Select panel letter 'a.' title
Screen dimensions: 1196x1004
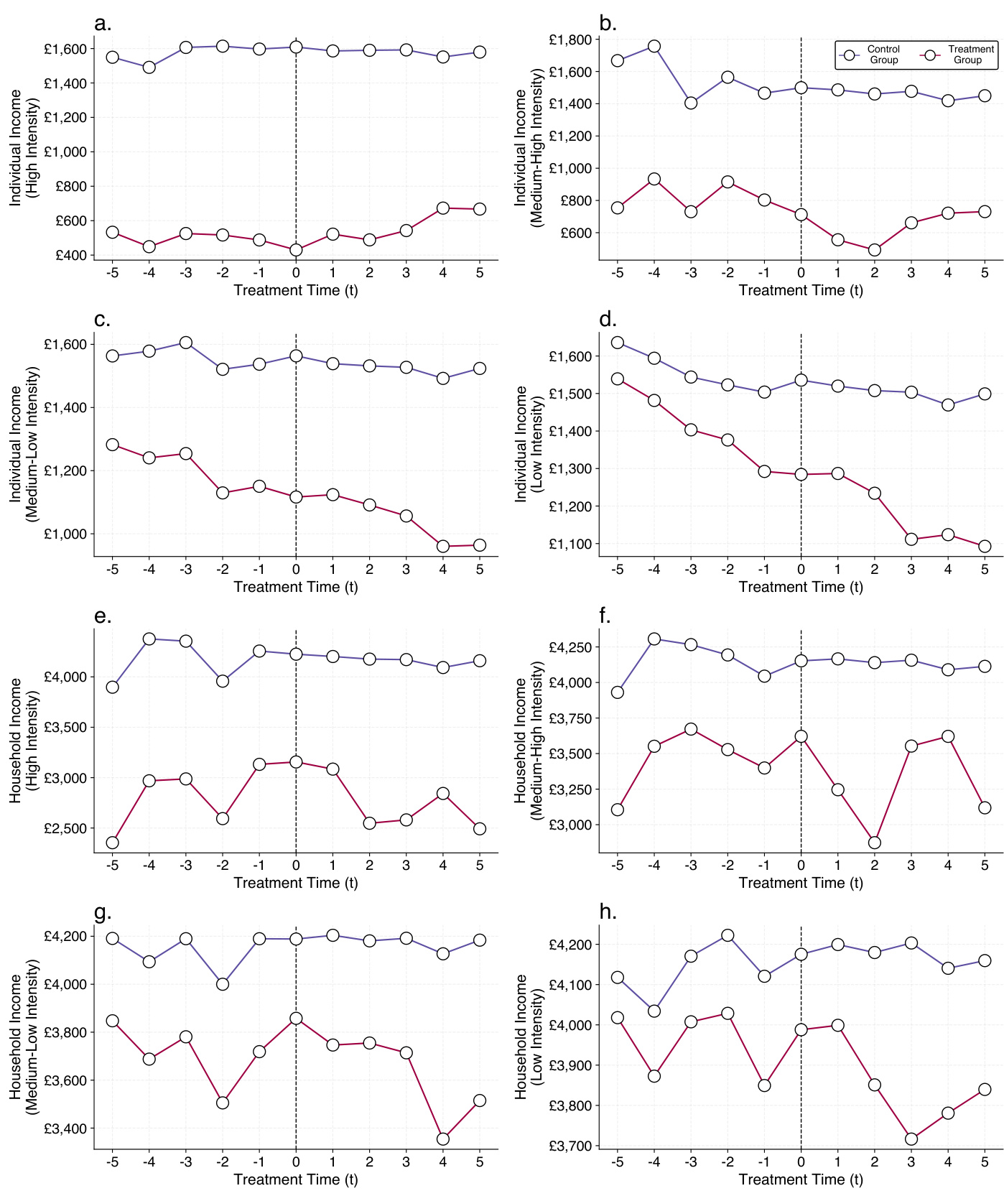click(103, 24)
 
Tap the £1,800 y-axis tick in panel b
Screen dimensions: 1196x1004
click(570, 40)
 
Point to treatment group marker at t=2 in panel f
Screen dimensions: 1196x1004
click(874, 843)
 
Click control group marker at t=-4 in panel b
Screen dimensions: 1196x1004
click(654, 47)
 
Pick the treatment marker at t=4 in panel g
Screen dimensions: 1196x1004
click(442, 1139)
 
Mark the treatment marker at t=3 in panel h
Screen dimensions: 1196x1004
click(911, 1139)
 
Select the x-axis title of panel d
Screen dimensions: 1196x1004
click(800, 587)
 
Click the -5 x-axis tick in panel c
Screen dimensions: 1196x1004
click(112, 570)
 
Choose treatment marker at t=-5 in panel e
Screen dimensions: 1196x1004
click(112, 843)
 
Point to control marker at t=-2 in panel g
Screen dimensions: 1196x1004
click(223, 984)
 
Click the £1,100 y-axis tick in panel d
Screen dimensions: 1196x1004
click(570, 544)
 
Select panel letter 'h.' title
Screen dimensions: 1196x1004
click(608, 912)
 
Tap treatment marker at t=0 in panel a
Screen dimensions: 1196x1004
click(296, 250)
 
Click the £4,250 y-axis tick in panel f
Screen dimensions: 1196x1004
click(570, 647)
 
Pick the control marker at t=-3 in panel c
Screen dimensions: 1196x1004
click(186, 343)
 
